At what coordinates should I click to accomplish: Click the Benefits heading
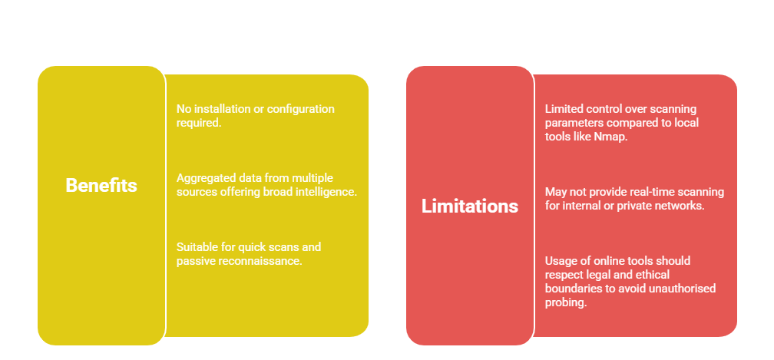pos(101,186)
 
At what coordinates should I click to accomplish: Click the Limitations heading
pos(470,206)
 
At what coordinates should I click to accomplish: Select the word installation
pos(222,108)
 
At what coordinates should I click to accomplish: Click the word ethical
pos(653,274)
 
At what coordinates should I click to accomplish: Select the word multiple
pos(315,178)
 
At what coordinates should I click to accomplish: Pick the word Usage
pos(558,261)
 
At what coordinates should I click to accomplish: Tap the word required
pos(198,123)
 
